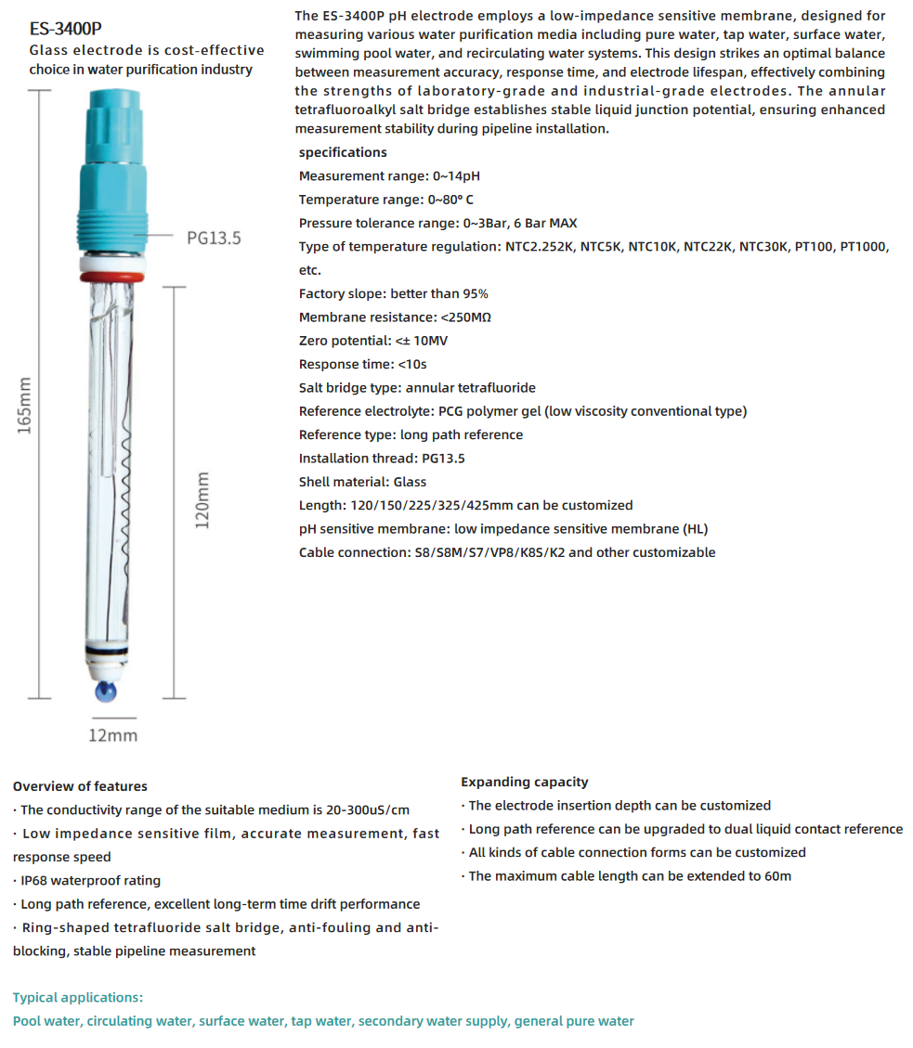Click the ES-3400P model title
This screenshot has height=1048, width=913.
tap(65, 28)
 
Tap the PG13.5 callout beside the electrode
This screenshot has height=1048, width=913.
tap(214, 238)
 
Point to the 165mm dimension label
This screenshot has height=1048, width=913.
tap(25, 404)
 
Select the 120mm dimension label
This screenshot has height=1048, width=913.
tap(202, 499)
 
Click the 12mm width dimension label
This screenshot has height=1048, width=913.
tap(112, 735)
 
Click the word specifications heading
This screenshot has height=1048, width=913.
tap(343, 152)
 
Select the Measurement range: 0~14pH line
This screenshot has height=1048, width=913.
tap(389, 175)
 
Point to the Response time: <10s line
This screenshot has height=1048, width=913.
tap(362, 364)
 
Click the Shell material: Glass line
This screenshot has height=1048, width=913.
tap(362, 482)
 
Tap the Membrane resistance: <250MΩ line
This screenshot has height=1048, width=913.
tap(395, 317)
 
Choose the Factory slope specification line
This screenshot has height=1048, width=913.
tap(393, 293)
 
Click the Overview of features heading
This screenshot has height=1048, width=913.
tap(80, 786)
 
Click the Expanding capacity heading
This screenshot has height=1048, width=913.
tap(524, 782)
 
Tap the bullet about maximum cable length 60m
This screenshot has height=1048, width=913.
tap(629, 875)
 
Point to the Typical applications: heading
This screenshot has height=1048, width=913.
tap(78, 997)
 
